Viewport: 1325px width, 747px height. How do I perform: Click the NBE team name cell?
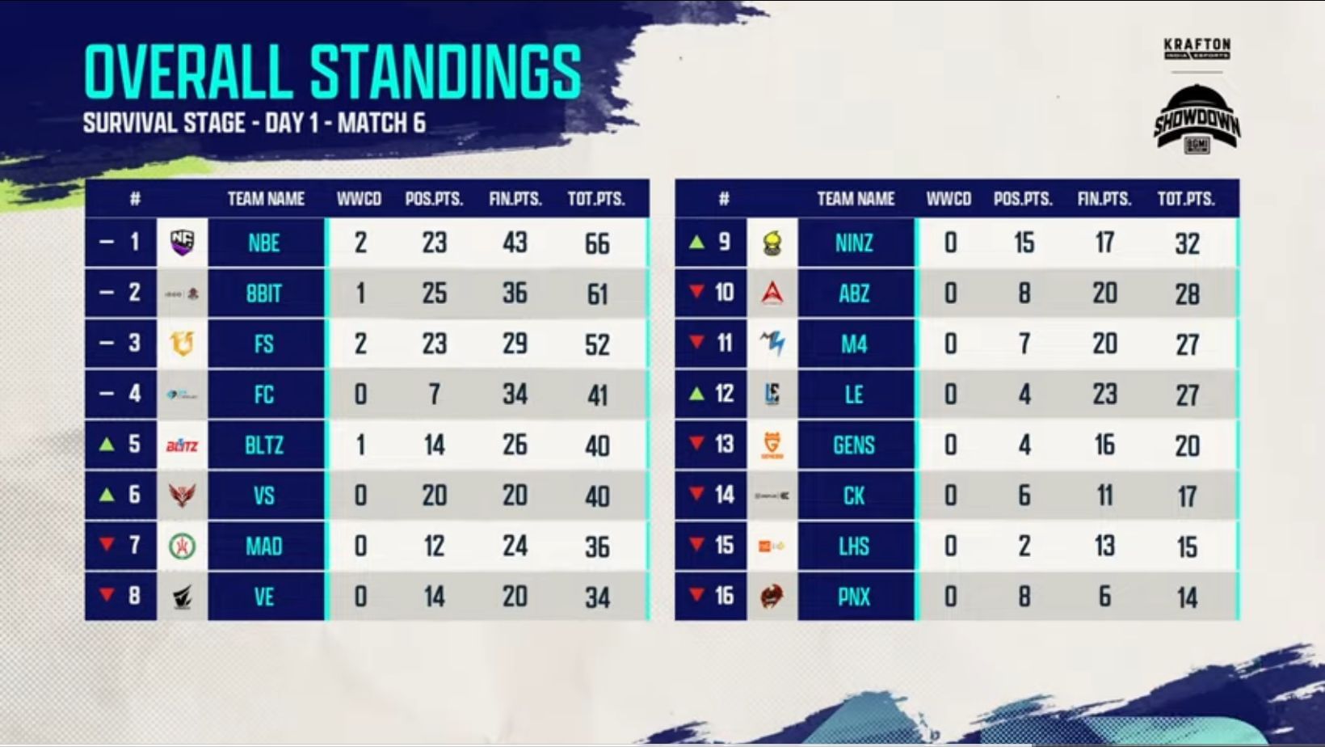tap(264, 243)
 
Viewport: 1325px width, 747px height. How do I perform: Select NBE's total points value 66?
tap(597, 243)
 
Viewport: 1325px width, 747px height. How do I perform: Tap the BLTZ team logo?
tap(182, 445)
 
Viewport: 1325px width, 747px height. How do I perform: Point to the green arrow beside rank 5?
tap(107, 444)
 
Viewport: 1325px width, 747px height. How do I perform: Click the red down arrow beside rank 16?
tap(696, 595)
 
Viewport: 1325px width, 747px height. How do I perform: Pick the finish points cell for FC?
tap(515, 395)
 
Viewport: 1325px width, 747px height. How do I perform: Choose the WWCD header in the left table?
tap(359, 199)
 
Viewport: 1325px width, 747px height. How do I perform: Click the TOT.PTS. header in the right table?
tap(1186, 199)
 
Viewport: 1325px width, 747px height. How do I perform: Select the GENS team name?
tap(854, 445)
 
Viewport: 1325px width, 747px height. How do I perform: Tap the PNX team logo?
tap(772, 597)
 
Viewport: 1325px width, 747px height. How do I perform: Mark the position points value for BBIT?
tap(434, 293)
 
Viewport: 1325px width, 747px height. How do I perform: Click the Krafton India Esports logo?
tap(1197, 49)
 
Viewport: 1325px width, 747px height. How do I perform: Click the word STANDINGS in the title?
tap(445, 72)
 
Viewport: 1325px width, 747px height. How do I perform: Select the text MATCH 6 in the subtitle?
tap(381, 123)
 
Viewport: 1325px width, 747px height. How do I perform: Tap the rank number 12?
tap(724, 394)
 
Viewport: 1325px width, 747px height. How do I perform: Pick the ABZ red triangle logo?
tap(772, 293)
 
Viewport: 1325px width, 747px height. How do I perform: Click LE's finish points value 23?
tap(1104, 395)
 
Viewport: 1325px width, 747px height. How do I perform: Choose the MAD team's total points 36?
tap(597, 547)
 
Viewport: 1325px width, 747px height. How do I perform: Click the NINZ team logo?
tap(772, 243)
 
